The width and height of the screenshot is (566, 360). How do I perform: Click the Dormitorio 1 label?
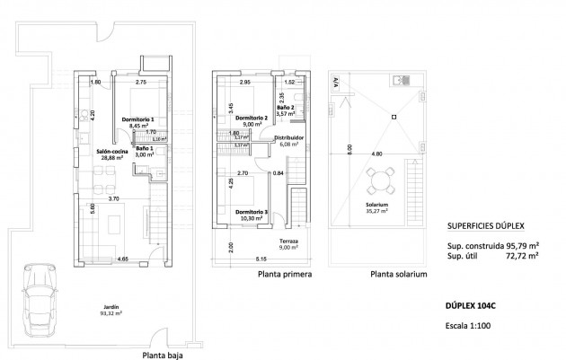tap(138, 119)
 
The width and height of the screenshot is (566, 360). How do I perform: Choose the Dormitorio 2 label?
tap(252, 118)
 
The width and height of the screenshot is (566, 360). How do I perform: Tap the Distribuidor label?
tap(288, 137)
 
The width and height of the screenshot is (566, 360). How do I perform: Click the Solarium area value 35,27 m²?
tap(376, 211)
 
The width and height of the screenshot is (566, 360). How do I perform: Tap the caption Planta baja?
tap(164, 355)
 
